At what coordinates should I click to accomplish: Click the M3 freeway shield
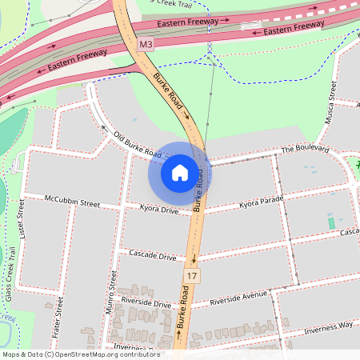(x=145, y=46)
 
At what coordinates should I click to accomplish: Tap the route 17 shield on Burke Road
(x=191, y=276)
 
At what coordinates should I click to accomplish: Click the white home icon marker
(x=180, y=173)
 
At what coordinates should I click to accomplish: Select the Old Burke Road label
(x=137, y=144)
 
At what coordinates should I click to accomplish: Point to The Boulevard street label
(x=305, y=150)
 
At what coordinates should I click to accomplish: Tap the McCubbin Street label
(x=72, y=201)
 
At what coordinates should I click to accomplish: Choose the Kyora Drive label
(x=158, y=210)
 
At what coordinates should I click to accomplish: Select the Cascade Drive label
(x=152, y=257)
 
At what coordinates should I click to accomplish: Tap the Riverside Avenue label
(x=238, y=299)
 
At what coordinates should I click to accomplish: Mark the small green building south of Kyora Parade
(x=331, y=222)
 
